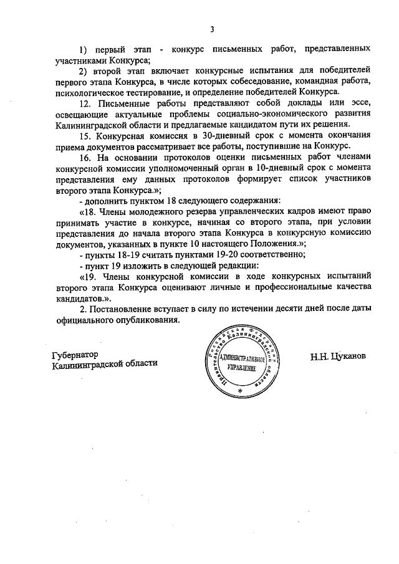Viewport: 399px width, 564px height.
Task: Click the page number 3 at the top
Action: click(x=212, y=29)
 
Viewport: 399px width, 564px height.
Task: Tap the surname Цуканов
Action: click(x=349, y=358)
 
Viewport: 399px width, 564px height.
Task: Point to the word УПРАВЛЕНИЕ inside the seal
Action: click(x=241, y=370)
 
